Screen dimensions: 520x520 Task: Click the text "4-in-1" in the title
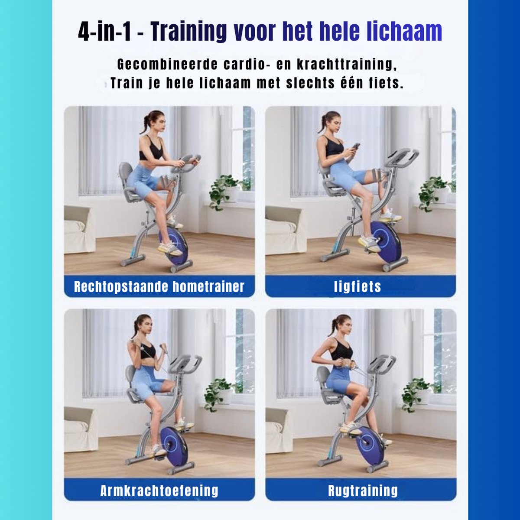coord(104,31)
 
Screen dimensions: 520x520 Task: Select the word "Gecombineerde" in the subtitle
coord(167,65)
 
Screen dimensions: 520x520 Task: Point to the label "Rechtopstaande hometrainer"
coord(159,286)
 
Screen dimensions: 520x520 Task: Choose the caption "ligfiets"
coord(357,286)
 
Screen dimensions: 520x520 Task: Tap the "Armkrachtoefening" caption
coord(159,490)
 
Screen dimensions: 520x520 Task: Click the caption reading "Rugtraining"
coord(363,490)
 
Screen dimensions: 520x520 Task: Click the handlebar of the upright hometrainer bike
coord(186,163)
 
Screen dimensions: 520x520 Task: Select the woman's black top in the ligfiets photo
coord(334,147)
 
